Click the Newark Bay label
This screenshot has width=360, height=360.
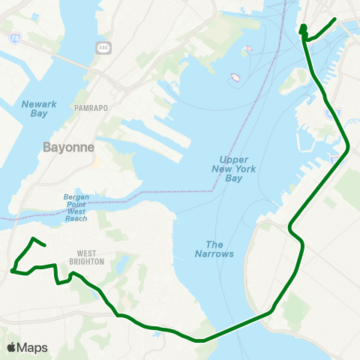(34, 108)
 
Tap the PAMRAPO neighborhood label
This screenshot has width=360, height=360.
(91, 108)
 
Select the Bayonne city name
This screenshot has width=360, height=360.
(69, 147)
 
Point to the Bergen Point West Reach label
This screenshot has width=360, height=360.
(76, 208)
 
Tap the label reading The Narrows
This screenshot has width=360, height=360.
(220, 249)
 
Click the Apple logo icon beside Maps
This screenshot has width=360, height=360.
(12, 347)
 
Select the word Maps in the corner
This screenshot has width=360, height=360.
(32, 347)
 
